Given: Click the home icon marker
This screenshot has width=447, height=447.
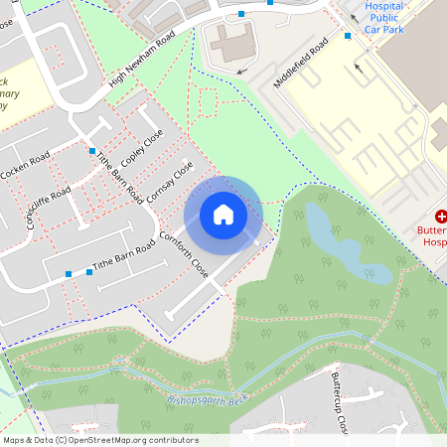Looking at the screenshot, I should click(223, 214).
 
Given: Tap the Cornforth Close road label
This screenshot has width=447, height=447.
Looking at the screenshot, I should click(185, 254).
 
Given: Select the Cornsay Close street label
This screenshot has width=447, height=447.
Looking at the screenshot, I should click(169, 183).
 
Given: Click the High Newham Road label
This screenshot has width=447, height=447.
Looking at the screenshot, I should click(142, 60).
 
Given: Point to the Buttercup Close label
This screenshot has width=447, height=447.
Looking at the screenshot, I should click(338, 401).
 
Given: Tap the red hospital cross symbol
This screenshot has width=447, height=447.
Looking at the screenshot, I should click(441, 216).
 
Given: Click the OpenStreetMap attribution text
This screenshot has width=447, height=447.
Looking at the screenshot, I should click(99, 439).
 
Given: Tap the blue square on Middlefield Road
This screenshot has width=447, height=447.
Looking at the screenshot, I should click(348, 36).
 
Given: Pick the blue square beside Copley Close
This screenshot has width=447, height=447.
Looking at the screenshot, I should click(92, 151).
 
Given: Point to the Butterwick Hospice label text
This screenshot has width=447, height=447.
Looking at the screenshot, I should click(435, 234).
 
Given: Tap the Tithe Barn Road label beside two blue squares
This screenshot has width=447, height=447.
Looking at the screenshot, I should click(124, 256).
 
